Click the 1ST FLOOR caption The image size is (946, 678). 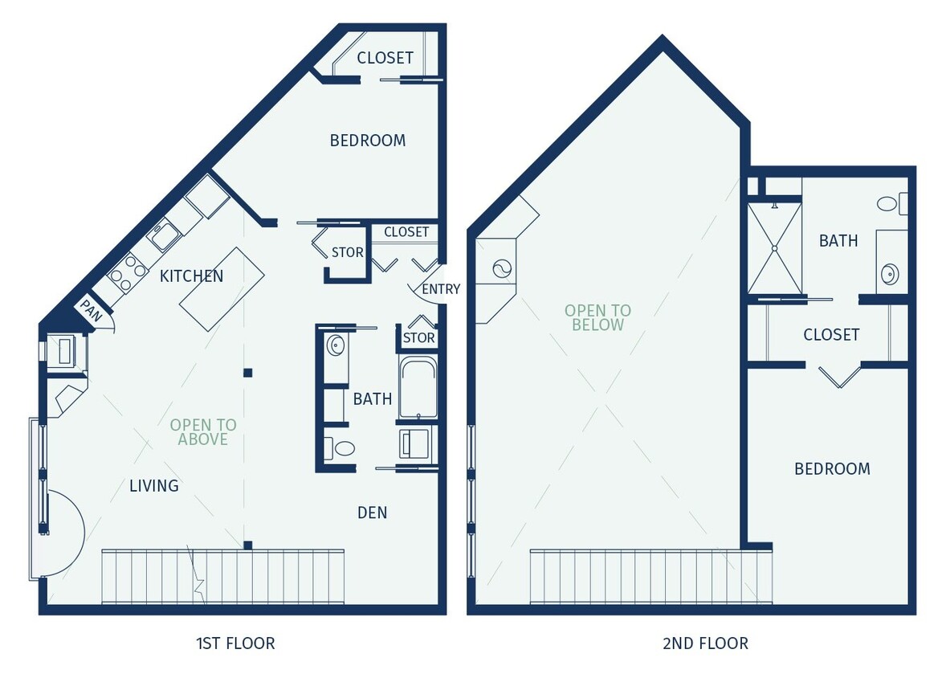[x=235, y=643]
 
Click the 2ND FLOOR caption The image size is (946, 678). [x=705, y=643]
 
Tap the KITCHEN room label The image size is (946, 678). [x=191, y=276]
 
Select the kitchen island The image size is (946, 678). [x=222, y=288]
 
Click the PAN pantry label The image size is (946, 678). [x=90, y=311]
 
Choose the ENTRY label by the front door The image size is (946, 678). [x=441, y=289]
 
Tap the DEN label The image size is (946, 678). [x=372, y=513]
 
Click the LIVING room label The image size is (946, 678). [x=154, y=486]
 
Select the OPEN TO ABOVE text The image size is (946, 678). [x=203, y=432]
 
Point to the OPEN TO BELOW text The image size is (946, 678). [x=597, y=317]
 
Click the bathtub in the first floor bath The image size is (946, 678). [x=418, y=389]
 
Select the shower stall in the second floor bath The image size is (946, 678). [x=774, y=248]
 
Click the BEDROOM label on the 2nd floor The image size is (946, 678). [x=832, y=469]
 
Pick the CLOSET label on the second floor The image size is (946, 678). [x=831, y=335]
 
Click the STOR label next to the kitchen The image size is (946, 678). [x=347, y=252]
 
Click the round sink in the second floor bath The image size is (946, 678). [x=889, y=275]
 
